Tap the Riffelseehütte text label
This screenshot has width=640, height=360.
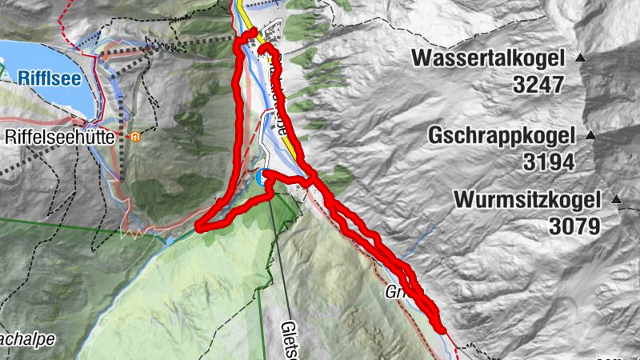coord(62,137)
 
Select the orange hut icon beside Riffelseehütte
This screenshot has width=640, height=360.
coord(135,136)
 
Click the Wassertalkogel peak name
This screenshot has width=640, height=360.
coord(489,58)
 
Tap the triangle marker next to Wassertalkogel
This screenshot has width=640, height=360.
coord(581,58)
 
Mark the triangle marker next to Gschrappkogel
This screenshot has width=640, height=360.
coord(591,134)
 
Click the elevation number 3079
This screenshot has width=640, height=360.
coord(574,226)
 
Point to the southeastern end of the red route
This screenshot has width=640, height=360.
coord(441,328)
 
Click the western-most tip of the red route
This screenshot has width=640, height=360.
coord(199,227)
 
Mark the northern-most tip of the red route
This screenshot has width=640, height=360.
coord(252,31)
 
